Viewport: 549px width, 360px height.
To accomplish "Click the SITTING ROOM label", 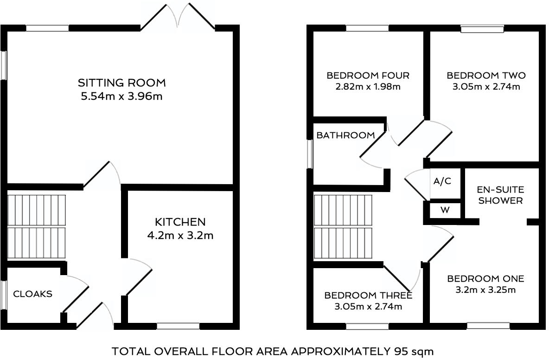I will pyautogui.click(x=121, y=83).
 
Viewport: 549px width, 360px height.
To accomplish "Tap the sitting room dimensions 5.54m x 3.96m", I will pyautogui.click(x=121, y=97).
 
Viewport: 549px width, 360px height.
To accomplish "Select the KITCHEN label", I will pyautogui.click(x=180, y=222).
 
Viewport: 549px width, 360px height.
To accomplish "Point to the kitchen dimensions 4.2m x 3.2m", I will pyautogui.click(x=180, y=236).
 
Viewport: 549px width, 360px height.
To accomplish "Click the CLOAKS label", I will pyautogui.click(x=32, y=294).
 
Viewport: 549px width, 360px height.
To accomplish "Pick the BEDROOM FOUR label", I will pyautogui.click(x=368, y=76).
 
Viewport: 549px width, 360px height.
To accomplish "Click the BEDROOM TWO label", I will pyautogui.click(x=486, y=76).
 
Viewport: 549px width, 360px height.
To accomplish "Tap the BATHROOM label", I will pyautogui.click(x=345, y=135).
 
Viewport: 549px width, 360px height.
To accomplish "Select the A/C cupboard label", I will pyautogui.click(x=441, y=181).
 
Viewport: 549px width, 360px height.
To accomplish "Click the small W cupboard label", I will pyautogui.click(x=445, y=210).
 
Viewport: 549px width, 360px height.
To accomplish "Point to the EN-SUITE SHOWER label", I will pyautogui.click(x=501, y=195).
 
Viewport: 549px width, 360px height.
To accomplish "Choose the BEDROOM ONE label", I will pyautogui.click(x=485, y=279).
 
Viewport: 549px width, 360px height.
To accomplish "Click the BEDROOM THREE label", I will pyautogui.click(x=368, y=296).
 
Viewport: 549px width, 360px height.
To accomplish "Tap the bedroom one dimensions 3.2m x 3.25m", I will pyautogui.click(x=485, y=290).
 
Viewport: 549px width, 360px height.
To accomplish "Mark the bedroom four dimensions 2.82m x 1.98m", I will pyautogui.click(x=368, y=87).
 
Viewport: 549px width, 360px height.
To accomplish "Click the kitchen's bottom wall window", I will pyautogui.click(x=178, y=326).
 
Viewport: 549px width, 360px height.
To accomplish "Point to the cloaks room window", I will pyautogui.click(x=4, y=294).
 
